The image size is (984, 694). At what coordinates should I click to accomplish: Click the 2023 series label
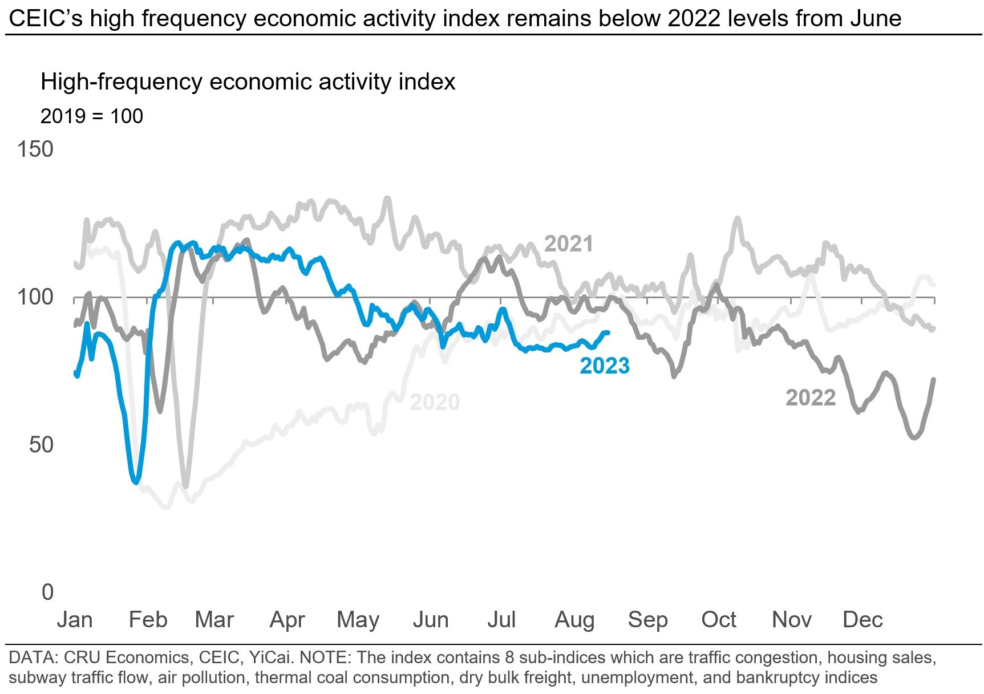tap(605, 366)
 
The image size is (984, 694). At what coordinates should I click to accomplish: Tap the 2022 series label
tap(811, 397)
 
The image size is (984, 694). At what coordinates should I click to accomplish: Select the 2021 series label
tap(569, 244)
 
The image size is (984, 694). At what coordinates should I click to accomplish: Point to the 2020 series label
tap(435, 402)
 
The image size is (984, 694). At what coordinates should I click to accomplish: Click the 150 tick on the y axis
tap(35, 149)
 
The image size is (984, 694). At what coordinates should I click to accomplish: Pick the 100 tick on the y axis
tap(35, 297)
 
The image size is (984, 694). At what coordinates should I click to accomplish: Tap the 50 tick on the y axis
tap(41, 444)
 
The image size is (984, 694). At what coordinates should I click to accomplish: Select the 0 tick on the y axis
tap(48, 592)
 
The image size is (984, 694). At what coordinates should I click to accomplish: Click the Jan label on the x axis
tap(75, 619)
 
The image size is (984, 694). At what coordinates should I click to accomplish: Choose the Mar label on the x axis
tap(214, 619)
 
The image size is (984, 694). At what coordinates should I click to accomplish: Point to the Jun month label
tap(431, 619)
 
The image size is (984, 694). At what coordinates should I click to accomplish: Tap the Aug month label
tap(574, 619)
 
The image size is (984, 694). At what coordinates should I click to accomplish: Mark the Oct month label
tap(719, 619)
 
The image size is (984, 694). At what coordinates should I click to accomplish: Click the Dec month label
tap(862, 619)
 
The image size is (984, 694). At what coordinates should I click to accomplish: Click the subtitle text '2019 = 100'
tap(92, 116)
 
